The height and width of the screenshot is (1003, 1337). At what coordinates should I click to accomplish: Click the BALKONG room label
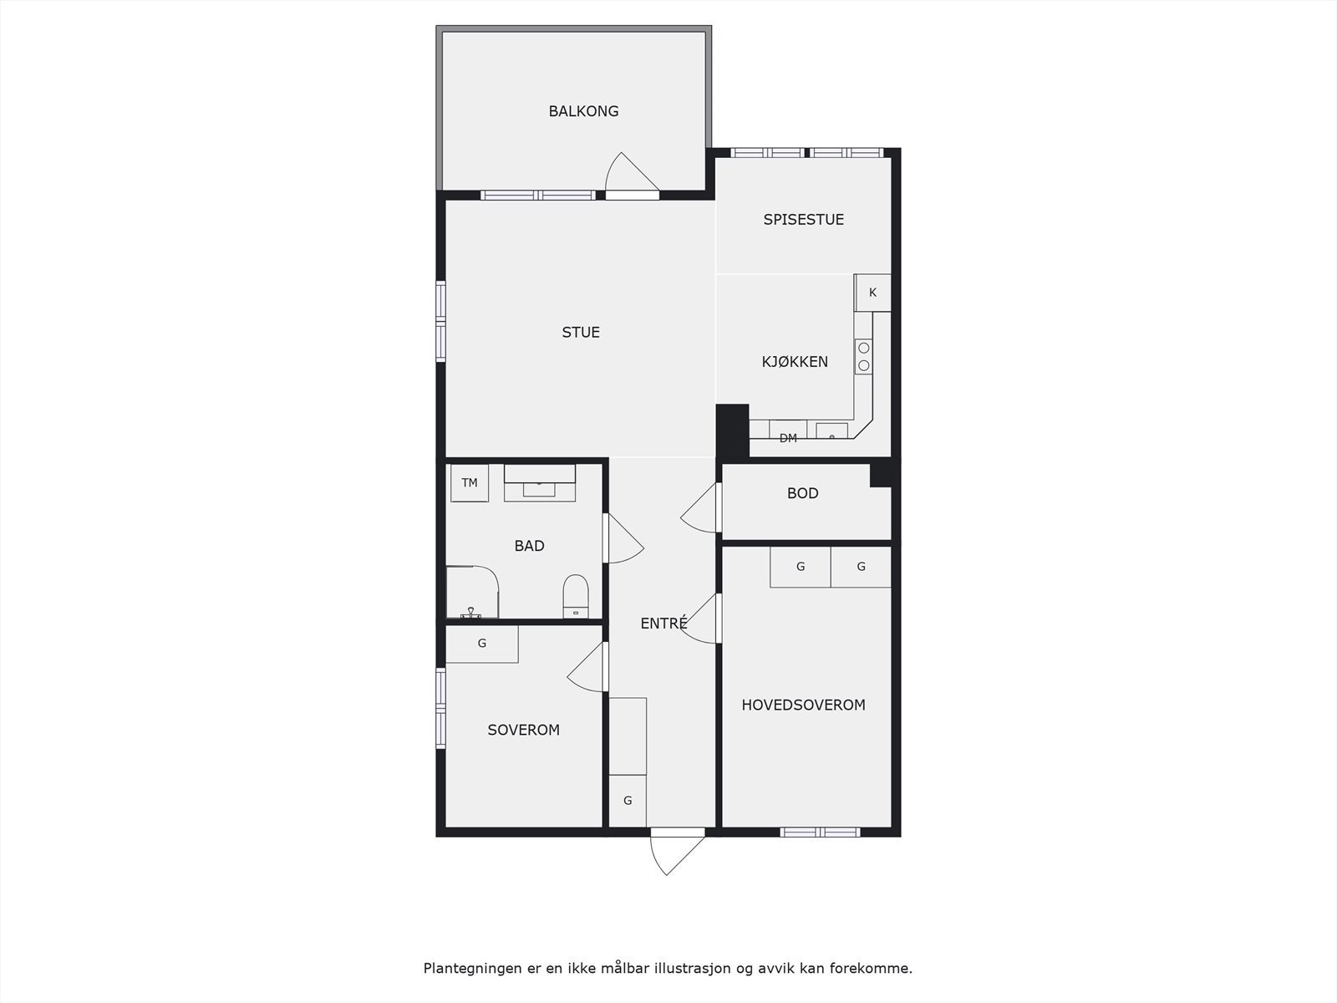(x=583, y=111)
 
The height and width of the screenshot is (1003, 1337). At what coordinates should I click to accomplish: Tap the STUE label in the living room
(x=581, y=333)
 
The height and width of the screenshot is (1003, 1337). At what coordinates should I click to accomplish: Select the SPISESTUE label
(x=803, y=220)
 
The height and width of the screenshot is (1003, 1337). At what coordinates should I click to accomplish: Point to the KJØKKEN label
(x=795, y=362)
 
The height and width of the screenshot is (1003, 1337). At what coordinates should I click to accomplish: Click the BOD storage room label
(x=802, y=493)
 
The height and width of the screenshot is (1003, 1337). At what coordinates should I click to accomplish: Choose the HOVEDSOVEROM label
(x=803, y=705)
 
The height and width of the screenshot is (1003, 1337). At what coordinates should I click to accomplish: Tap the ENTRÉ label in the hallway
(x=663, y=623)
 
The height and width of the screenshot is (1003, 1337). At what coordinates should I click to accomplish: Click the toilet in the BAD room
(x=576, y=594)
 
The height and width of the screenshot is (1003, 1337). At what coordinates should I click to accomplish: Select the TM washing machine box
(x=470, y=483)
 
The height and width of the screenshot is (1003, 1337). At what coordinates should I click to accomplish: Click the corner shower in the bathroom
(x=471, y=593)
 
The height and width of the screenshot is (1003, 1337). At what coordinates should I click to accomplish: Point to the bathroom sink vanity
(x=539, y=484)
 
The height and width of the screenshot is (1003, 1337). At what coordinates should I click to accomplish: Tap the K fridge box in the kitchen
(x=872, y=293)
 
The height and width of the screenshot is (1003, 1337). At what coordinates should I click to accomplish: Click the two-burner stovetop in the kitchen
(x=864, y=357)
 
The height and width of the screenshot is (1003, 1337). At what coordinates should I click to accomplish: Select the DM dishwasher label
(x=788, y=437)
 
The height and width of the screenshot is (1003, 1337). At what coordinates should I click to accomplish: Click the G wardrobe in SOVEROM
(x=482, y=644)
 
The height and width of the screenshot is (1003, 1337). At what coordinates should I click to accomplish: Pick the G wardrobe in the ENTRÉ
(x=628, y=801)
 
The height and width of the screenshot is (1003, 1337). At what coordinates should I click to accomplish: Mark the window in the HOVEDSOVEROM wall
(x=820, y=832)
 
